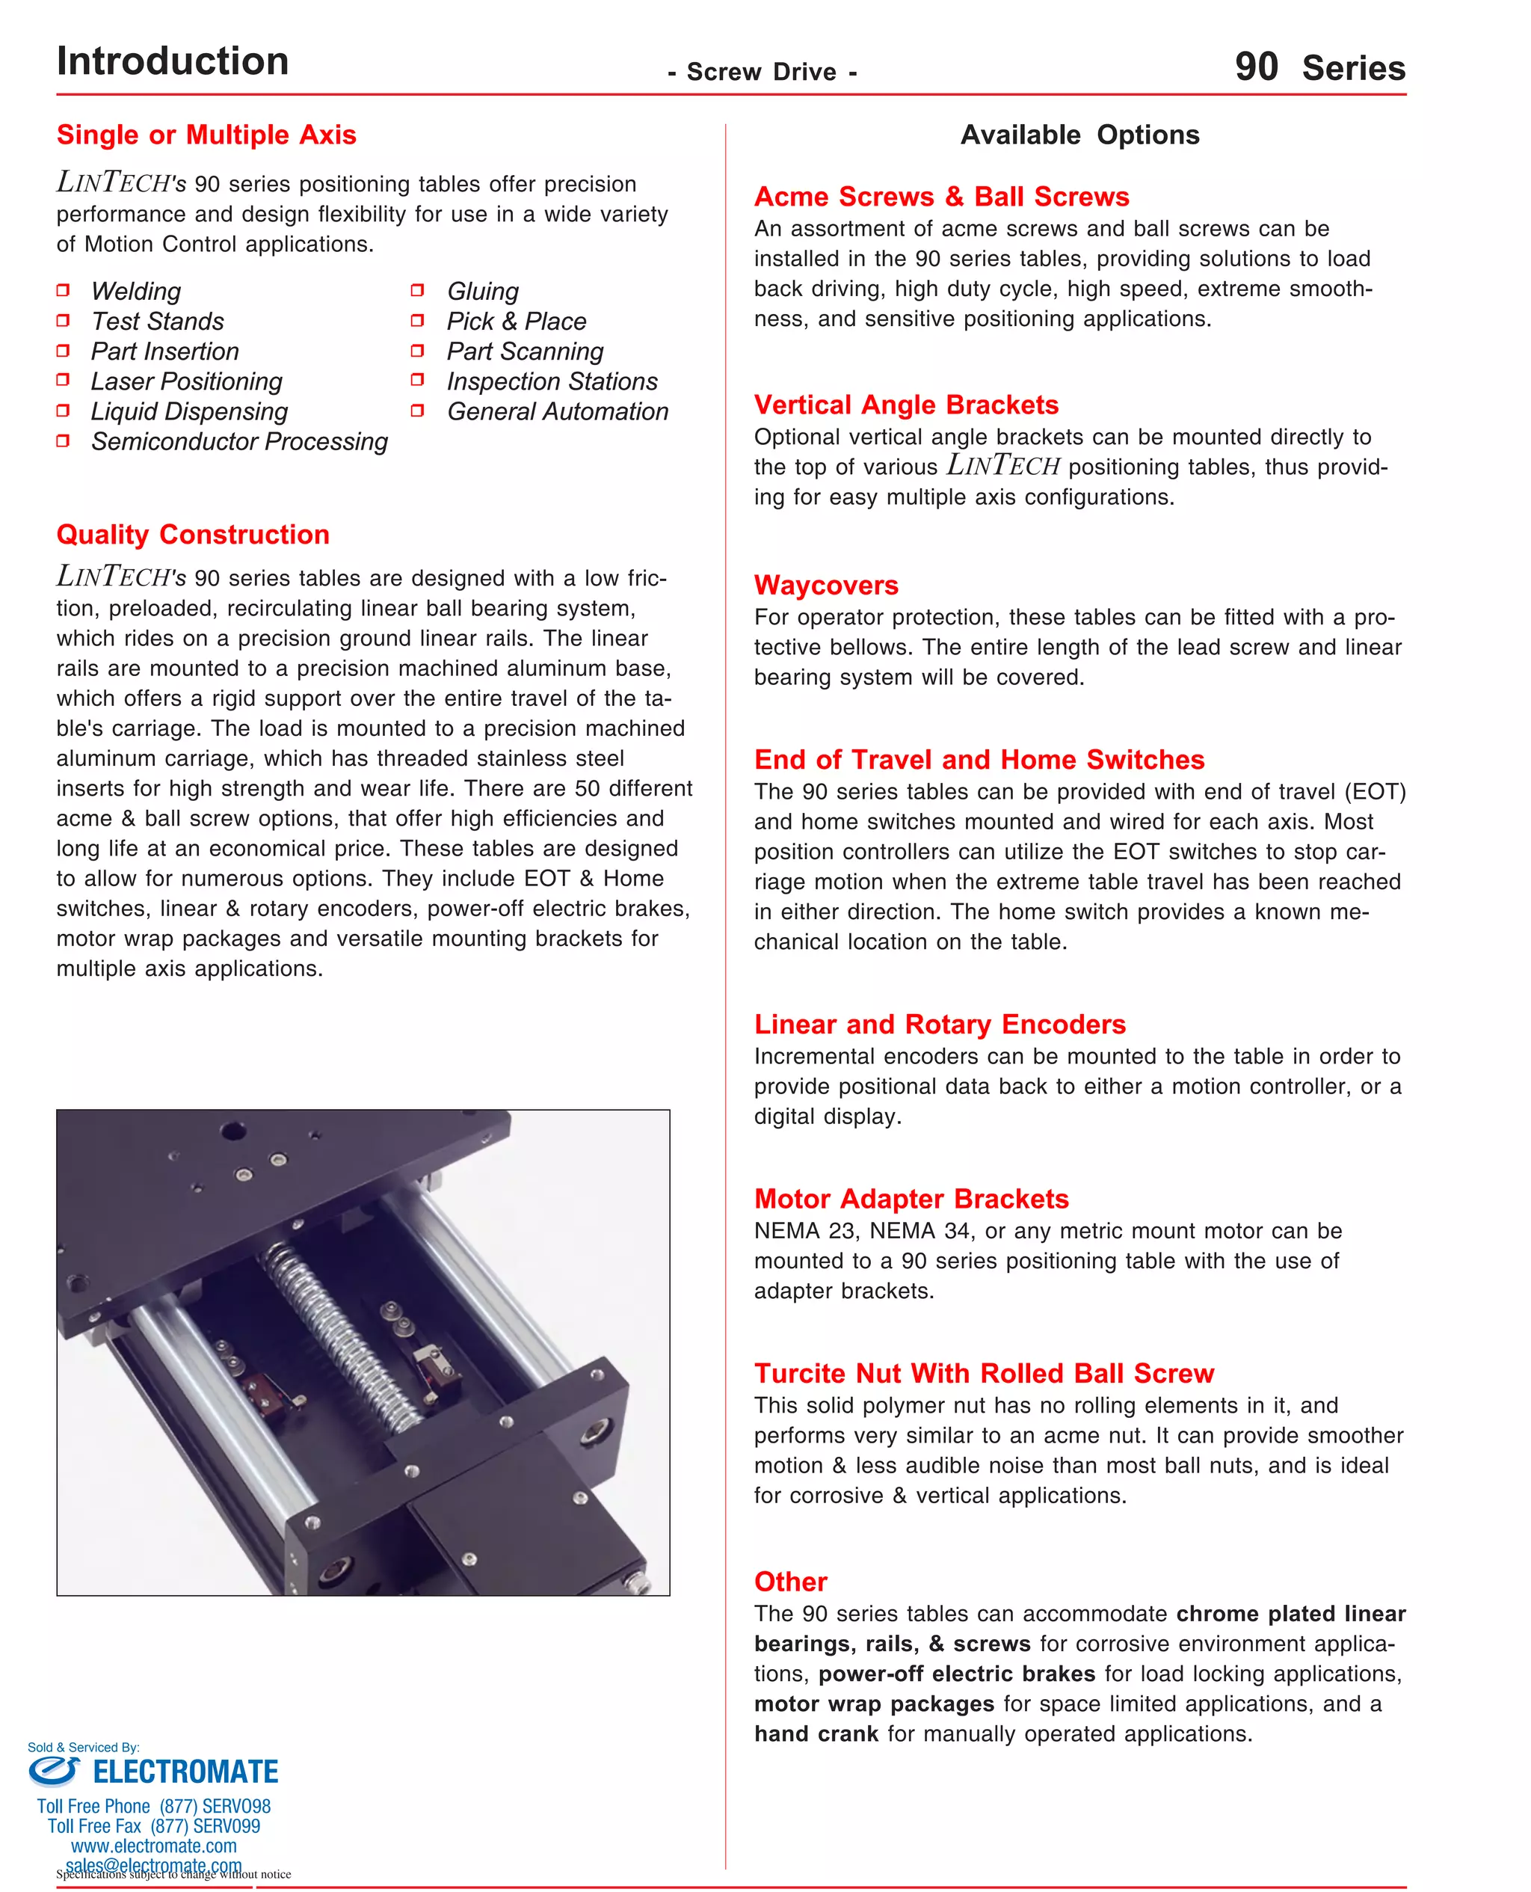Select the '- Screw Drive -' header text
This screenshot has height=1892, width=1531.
(x=762, y=73)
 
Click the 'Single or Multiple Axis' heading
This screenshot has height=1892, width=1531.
(x=206, y=135)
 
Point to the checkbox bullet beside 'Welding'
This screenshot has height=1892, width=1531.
(x=63, y=290)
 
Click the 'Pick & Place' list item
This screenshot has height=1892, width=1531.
(x=516, y=321)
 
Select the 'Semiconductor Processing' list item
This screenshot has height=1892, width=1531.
(x=239, y=441)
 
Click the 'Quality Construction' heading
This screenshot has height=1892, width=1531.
(x=193, y=535)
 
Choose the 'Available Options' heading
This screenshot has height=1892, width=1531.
(x=1079, y=135)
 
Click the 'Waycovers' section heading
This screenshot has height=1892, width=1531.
(x=825, y=585)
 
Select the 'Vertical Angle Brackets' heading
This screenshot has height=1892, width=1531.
(x=906, y=405)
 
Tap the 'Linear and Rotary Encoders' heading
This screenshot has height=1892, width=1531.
(x=939, y=1024)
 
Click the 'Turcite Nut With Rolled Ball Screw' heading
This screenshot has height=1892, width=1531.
(x=983, y=1373)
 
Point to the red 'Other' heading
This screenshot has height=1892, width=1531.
(x=790, y=1582)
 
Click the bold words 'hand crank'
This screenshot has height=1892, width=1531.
(x=816, y=1734)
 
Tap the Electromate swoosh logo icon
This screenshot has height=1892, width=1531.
(x=54, y=1770)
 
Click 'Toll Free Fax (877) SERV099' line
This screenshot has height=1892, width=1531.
(x=153, y=1826)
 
